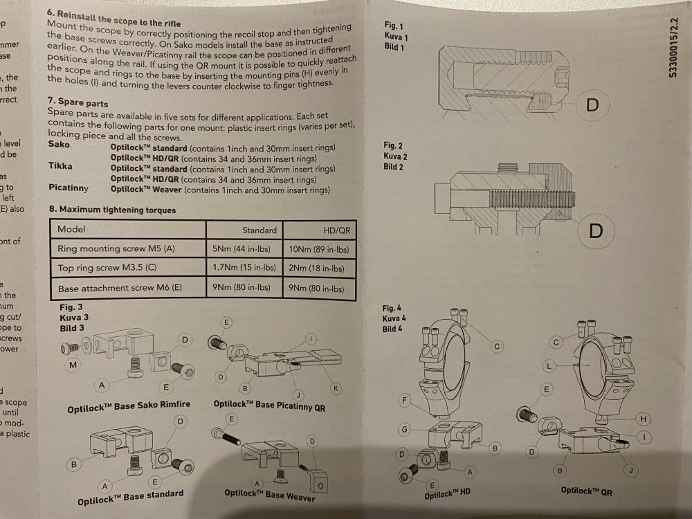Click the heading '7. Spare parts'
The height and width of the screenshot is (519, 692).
(78, 101)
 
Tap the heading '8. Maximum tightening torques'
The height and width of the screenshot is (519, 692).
(112, 209)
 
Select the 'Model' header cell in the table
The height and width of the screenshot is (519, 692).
(71, 229)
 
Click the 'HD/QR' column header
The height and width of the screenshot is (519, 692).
(336, 230)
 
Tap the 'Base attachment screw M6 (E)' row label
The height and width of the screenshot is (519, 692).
(119, 288)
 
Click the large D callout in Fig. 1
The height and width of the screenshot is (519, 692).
(592, 105)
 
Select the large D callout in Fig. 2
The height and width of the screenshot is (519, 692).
(595, 230)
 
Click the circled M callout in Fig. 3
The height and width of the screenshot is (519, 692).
(73, 365)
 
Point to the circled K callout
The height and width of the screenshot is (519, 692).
(336, 389)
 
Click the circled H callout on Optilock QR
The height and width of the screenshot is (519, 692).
(644, 418)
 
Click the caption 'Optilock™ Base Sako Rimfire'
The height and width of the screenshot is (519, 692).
(129, 407)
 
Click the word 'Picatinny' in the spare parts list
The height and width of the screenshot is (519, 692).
(69, 188)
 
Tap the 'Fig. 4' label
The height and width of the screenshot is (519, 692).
(392, 308)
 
